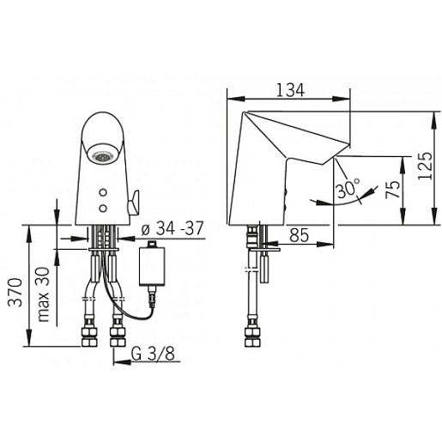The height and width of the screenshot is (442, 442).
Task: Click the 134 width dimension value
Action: pos(290,90)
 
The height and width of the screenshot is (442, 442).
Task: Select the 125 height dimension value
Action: pos(425,166)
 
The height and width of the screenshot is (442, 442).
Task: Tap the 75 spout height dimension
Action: pos(393,190)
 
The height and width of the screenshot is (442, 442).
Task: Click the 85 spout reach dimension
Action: pos(299,235)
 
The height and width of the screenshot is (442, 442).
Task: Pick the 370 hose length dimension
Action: pos(15,292)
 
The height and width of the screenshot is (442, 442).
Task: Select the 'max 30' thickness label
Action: pos(44,294)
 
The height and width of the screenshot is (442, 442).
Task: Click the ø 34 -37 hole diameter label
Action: pos(173,228)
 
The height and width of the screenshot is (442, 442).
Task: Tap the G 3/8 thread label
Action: pos(153,354)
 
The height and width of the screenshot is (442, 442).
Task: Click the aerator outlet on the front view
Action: pos(102,156)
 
